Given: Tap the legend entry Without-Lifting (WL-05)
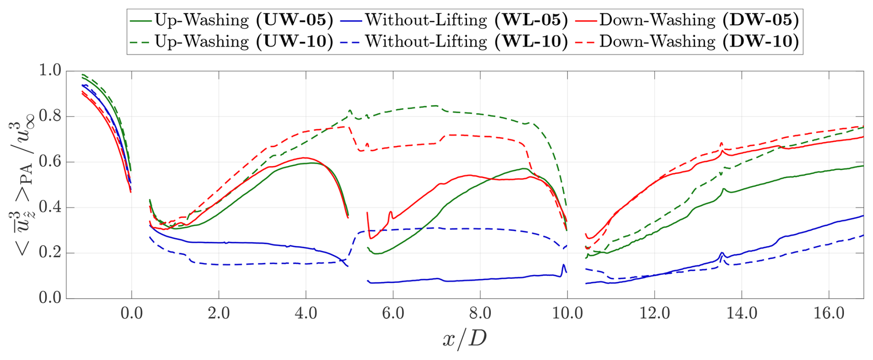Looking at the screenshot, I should pyautogui.click(x=454, y=20).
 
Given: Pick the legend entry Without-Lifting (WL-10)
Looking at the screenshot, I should pyautogui.click(x=454, y=42).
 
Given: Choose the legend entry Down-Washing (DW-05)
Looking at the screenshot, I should pyautogui.click(x=688, y=20).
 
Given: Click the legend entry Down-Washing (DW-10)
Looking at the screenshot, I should pyautogui.click(x=688, y=42).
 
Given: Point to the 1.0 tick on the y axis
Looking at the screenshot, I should pyautogui.click(x=50, y=71).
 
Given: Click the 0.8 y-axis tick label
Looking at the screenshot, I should pyautogui.click(x=50, y=116).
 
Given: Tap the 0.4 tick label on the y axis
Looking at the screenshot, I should pyautogui.click(x=50, y=207).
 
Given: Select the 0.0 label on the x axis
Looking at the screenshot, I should pyautogui.click(x=132, y=314).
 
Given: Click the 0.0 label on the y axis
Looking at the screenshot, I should pyautogui.click(x=50, y=298).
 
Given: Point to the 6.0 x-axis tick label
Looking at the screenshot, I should pyautogui.click(x=393, y=314).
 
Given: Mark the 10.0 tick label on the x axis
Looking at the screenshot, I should pyautogui.click(x=567, y=314).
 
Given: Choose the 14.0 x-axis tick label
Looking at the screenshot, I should pyautogui.click(x=741, y=314).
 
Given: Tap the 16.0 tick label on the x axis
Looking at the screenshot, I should pyautogui.click(x=829, y=314).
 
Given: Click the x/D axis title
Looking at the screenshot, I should pyautogui.click(x=464, y=339).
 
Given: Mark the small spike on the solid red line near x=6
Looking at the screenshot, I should pyautogui.click(x=391, y=212).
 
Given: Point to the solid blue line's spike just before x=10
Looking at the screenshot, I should pyautogui.click(x=563, y=265).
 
